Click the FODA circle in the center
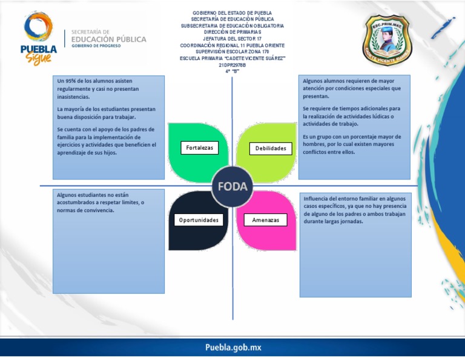pyautogui.click(x=232, y=187)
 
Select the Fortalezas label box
pyautogui.click(x=199, y=148)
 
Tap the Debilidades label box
pyautogui.click(x=270, y=148)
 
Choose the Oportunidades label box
pyautogui.click(x=199, y=219)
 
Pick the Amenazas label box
pyautogui.click(x=266, y=220)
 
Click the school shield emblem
pyautogui.click(x=386, y=41)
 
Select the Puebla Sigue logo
pyautogui.click(x=39, y=38)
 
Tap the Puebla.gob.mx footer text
pyautogui.click(x=233, y=348)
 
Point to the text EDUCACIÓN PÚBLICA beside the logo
pyautogui.click(x=108, y=39)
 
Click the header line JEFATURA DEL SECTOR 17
pyautogui.click(x=232, y=39)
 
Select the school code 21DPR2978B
pyautogui.click(x=232, y=65)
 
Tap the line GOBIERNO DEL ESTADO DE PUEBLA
pyautogui.click(x=232, y=13)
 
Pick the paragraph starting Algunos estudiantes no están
pyautogui.click(x=101, y=202)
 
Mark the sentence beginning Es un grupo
pyautogui.click(x=352, y=144)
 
